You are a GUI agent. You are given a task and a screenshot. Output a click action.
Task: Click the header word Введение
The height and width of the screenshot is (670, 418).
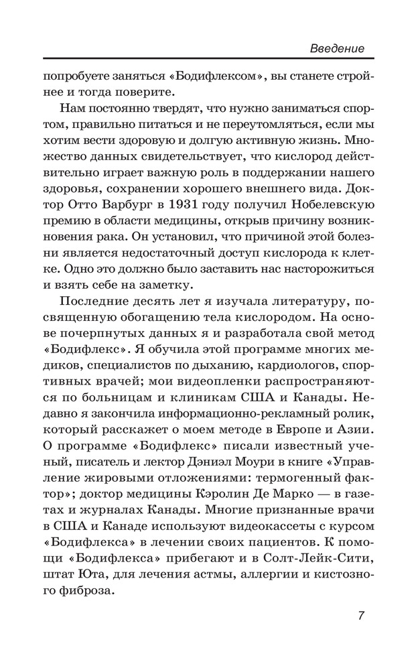(x=338, y=48)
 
